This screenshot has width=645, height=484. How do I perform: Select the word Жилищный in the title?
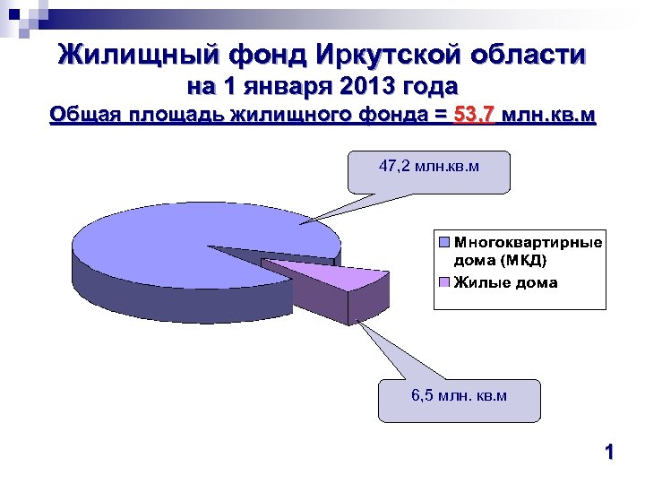pos(139,56)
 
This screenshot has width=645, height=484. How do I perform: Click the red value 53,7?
pos(475,116)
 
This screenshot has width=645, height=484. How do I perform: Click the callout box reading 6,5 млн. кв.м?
pos(460,400)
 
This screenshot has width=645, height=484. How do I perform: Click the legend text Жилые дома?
pos(505,283)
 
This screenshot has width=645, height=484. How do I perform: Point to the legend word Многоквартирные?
pos(528,242)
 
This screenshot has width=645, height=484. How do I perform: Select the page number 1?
pos(609,454)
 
